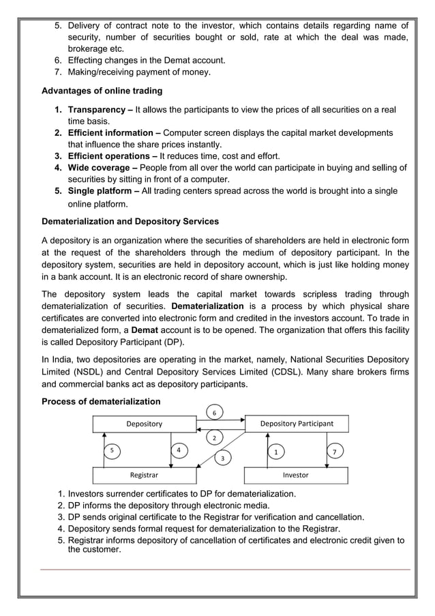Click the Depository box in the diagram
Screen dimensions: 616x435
click(x=145, y=424)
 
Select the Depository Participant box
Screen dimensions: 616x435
click(x=297, y=424)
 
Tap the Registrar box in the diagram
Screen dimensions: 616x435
click(x=145, y=475)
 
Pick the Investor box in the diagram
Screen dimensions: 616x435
click(x=295, y=475)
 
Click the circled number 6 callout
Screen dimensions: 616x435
click(x=214, y=413)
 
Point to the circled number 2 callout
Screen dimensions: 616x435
click(x=214, y=437)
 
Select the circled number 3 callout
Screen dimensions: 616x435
click(x=222, y=458)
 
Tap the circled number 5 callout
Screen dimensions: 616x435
click(x=112, y=451)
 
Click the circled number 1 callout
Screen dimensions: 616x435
click(x=275, y=452)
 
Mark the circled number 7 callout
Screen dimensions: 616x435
click(x=333, y=452)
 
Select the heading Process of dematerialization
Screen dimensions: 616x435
click(x=101, y=401)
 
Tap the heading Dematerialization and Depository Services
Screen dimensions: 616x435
click(x=130, y=222)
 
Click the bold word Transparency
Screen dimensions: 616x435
click(x=96, y=110)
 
